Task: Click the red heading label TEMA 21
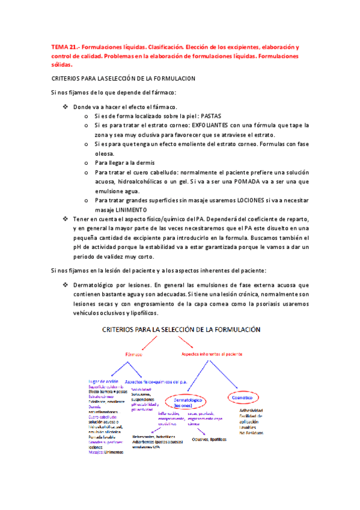point(63,46)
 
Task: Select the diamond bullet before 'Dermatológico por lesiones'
point(66,284)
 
